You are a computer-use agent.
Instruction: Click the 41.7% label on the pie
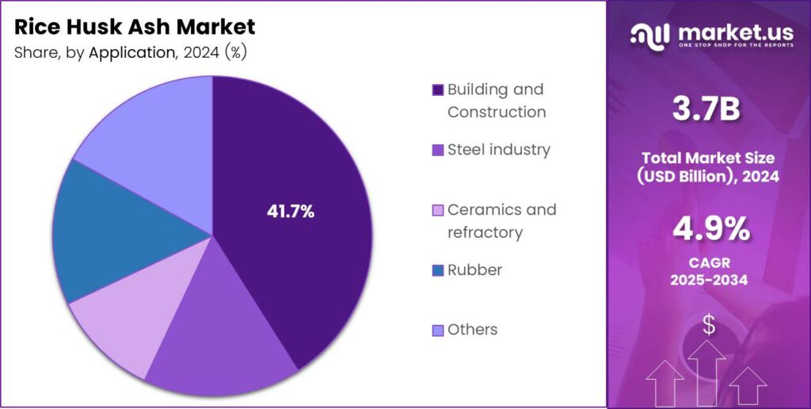(290, 212)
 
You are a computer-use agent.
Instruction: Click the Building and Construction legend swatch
(437, 90)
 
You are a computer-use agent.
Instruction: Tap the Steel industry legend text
(498, 150)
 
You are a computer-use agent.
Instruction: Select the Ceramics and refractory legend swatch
(437, 211)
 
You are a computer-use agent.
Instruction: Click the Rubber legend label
(474, 269)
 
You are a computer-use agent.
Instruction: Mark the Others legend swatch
(437, 330)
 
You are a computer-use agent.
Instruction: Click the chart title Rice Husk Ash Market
(135, 27)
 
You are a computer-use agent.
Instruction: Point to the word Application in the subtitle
(130, 53)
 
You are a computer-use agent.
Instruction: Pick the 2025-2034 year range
(710, 281)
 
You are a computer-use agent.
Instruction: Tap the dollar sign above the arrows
(709, 323)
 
